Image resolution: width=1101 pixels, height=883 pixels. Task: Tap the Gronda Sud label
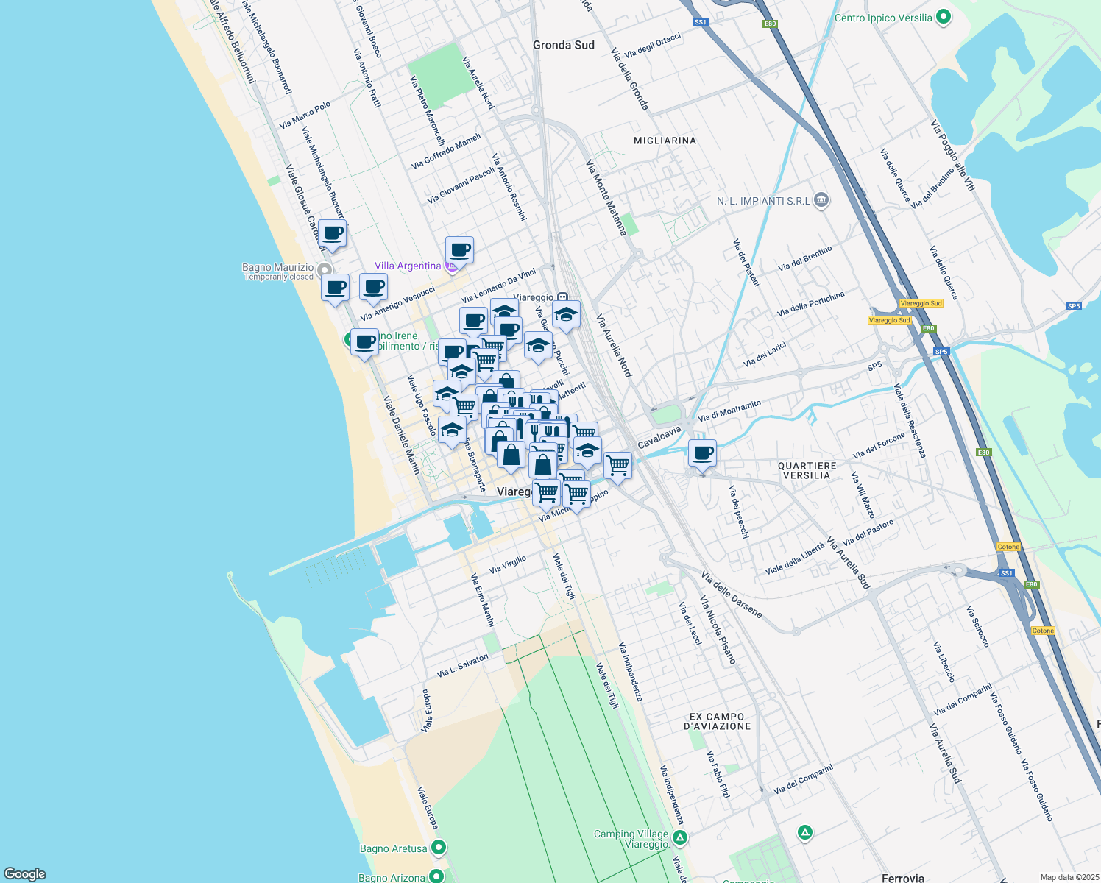pos(563,45)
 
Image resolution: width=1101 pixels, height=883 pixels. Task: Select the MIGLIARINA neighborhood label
pos(665,141)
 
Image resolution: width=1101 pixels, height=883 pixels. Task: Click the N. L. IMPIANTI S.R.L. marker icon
pos(822,200)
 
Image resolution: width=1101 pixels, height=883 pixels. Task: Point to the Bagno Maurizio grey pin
pos(325,269)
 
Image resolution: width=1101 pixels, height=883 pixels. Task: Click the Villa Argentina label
pos(408,266)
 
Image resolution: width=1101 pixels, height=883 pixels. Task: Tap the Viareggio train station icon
pos(562,297)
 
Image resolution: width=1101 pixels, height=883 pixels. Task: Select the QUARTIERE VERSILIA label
pos(807,471)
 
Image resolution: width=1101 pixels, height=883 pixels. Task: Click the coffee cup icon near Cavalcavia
pos(703,453)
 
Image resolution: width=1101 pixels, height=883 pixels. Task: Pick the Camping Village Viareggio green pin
pos(680,837)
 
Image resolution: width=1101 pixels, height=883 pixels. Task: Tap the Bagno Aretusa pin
pos(439,848)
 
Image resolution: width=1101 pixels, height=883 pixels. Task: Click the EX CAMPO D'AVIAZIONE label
pos(718,721)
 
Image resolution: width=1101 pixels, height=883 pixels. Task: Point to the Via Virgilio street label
pos(508,565)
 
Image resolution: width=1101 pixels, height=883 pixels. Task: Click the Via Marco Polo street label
pos(305,115)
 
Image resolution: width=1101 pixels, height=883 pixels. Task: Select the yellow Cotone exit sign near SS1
pos(1008,547)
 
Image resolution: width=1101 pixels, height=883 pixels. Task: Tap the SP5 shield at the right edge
pos(1074,306)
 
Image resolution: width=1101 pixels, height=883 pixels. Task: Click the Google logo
pos(25,874)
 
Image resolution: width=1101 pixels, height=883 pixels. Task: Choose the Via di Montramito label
pos(729,411)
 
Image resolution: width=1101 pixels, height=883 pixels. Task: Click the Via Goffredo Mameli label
pos(446,151)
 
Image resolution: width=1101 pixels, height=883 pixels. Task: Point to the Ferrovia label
pos(902,878)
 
